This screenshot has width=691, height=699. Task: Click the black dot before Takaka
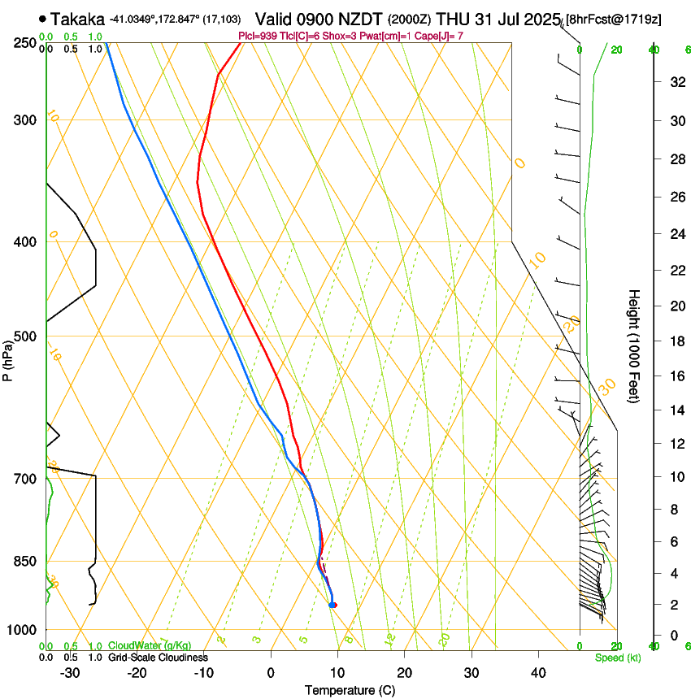pos(42,18)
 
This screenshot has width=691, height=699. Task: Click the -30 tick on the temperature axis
pos(70,673)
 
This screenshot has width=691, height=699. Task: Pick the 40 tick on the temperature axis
pos(537,673)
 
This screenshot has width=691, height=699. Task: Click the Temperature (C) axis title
pos(349,690)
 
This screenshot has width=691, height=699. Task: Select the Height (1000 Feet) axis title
pos(635,346)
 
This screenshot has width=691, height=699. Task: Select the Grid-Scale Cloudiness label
pos(158,658)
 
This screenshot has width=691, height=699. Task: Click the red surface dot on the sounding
pos(333,605)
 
